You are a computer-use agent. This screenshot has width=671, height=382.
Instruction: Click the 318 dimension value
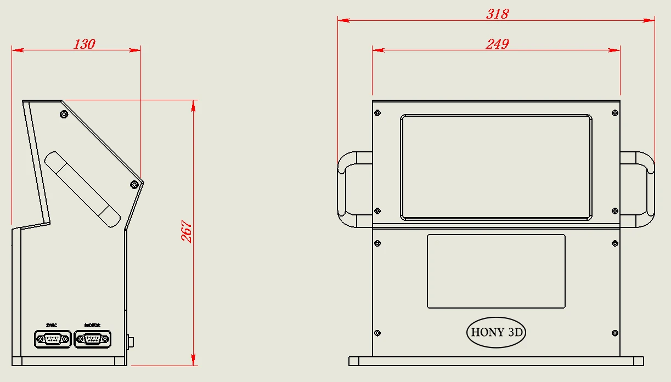pyautogui.click(x=497, y=14)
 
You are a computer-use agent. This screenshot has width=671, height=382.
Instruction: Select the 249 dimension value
pyautogui.click(x=497, y=44)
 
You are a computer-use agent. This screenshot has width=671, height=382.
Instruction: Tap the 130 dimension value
pyautogui.click(x=84, y=44)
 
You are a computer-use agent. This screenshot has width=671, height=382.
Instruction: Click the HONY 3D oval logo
pyautogui.click(x=495, y=332)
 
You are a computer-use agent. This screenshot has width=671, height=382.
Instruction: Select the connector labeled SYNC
pyautogui.click(x=53, y=339)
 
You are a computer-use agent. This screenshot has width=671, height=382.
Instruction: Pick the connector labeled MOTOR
pyautogui.click(x=92, y=339)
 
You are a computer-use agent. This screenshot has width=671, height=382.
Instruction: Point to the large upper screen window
pyautogui.click(x=496, y=167)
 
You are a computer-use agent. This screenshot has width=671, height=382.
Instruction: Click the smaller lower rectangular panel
pyautogui.click(x=496, y=271)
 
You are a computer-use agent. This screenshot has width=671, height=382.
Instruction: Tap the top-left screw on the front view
pyautogui.click(x=377, y=113)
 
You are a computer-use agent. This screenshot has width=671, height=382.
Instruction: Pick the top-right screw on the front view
pyautogui.click(x=614, y=113)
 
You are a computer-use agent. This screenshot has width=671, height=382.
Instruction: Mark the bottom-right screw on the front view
pyautogui.click(x=614, y=333)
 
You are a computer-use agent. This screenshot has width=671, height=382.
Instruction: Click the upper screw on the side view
pyautogui.click(x=64, y=115)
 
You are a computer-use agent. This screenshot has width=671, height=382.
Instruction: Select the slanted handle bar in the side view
pyautogui.click(x=82, y=189)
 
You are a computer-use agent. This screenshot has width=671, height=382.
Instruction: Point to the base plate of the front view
pyautogui.click(x=496, y=361)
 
